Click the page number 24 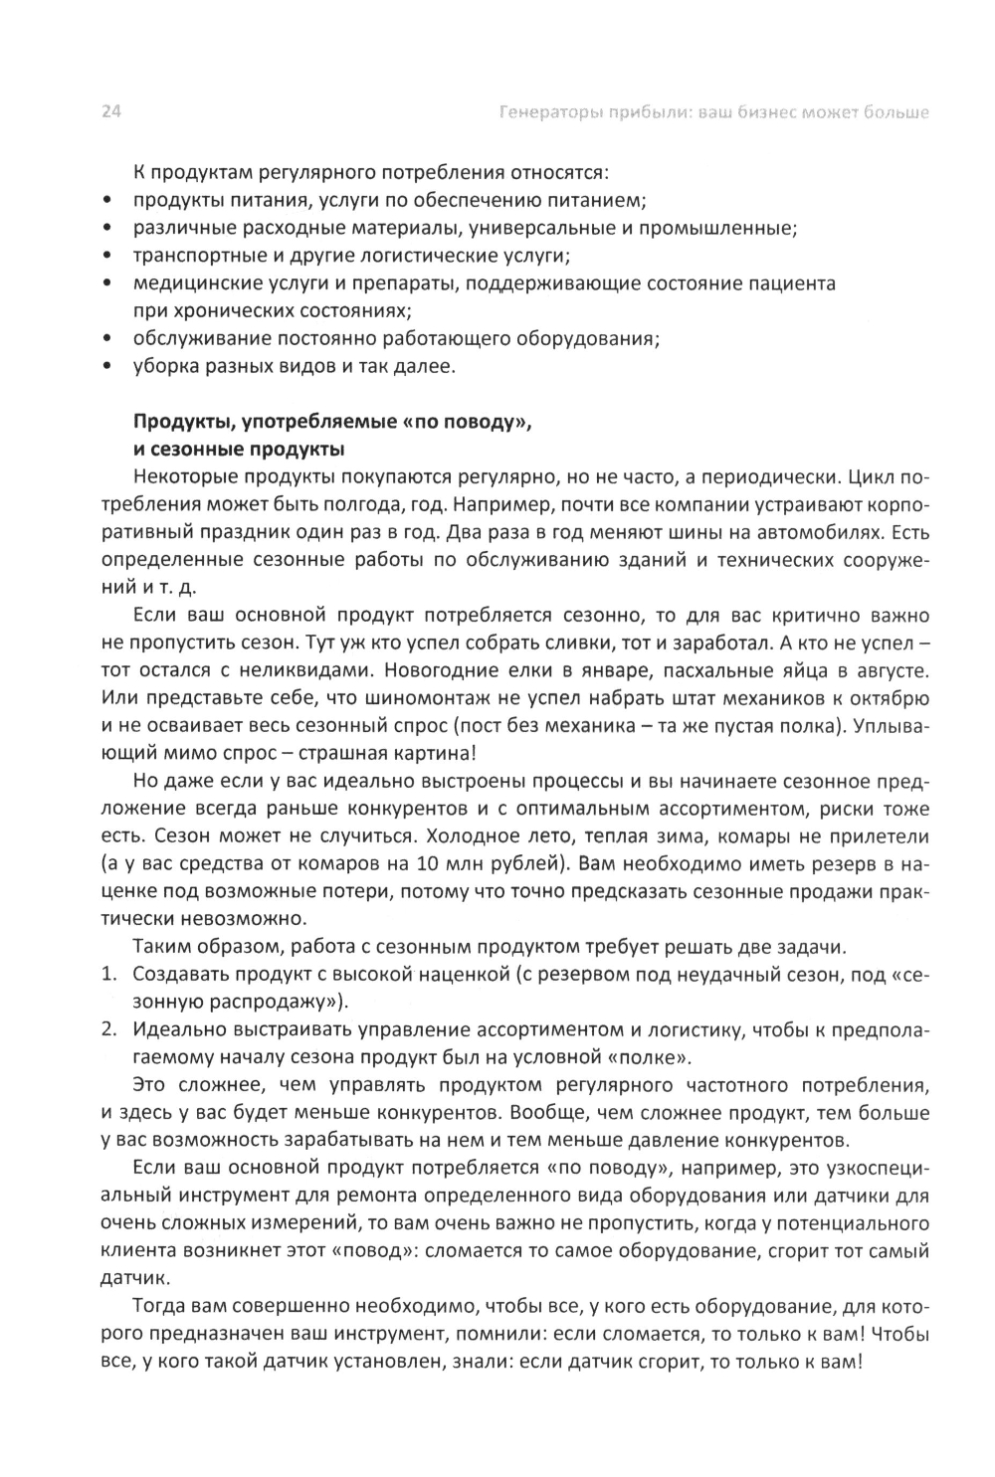110,112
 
